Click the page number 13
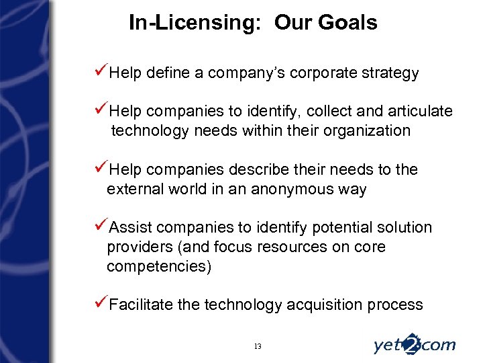pos(258,346)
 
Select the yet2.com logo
pos(414,344)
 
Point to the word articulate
pos(420,111)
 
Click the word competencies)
pos(159,266)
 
